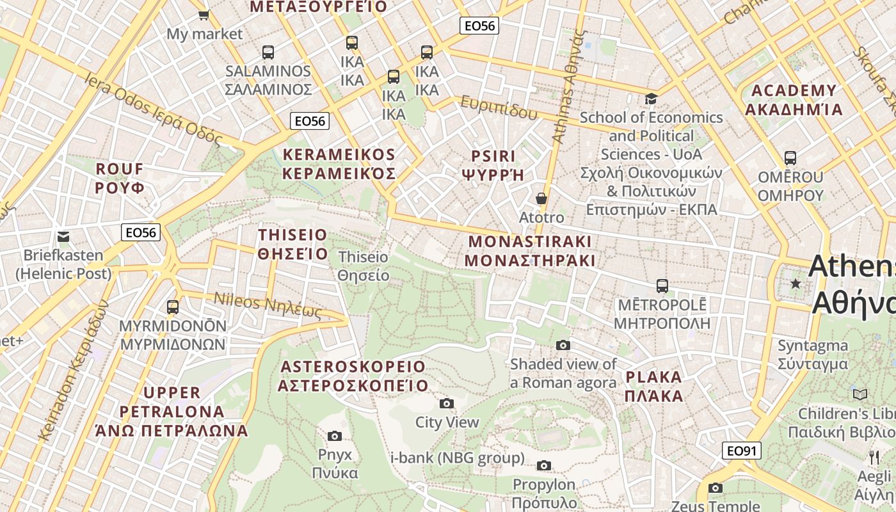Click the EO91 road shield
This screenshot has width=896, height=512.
point(742,451)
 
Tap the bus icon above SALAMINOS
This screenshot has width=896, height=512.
point(268,52)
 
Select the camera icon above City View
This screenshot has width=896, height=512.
point(447,403)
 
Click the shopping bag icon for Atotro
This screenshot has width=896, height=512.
point(541,198)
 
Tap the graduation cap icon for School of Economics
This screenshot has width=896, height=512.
point(651,99)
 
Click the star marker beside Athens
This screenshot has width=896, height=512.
point(796,283)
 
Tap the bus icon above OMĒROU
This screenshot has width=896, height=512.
point(790,157)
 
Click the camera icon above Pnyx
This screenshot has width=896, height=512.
point(334,436)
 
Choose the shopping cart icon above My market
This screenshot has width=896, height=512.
point(204,14)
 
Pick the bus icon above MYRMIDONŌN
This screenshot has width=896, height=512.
point(173,307)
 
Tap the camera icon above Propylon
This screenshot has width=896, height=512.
point(544,465)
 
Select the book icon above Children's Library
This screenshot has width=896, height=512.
point(860,394)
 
